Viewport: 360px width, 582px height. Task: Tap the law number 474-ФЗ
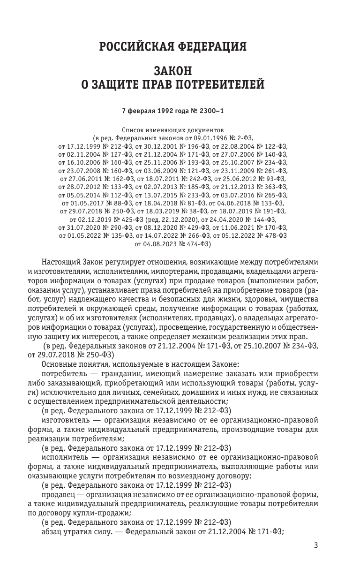point(196,244)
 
